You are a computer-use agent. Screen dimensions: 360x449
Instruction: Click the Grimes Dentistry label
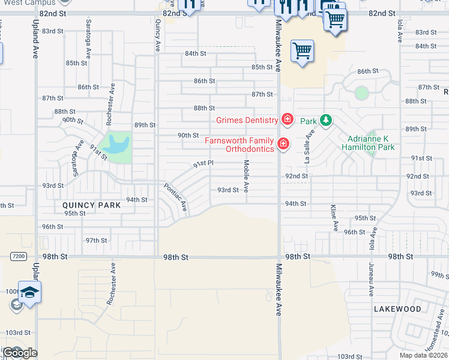(x=247, y=120)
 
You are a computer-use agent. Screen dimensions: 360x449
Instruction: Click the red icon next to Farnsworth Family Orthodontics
(x=282, y=144)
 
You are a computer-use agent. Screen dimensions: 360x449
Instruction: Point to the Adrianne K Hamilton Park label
(x=368, y=143)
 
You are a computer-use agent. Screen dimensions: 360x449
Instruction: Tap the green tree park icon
(x=325, y=121)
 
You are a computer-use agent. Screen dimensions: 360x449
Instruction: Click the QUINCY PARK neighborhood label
(x=92, y=205)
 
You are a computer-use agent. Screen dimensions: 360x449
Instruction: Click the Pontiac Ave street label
(x=175, y=197)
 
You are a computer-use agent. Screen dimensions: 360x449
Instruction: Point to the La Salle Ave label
(x=309, y=149)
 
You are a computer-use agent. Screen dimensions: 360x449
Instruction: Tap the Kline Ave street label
(x=333, y=218)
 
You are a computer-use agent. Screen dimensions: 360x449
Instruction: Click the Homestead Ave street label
(x=441, y=336)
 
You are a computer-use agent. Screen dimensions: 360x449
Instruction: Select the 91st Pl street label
(x=203, y=163)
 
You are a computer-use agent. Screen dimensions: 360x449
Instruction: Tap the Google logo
(x=20, y=353)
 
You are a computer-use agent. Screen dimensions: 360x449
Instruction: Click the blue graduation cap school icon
(x=29, y=292)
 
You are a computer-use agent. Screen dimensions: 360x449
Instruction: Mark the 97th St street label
(x=96, y=241)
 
